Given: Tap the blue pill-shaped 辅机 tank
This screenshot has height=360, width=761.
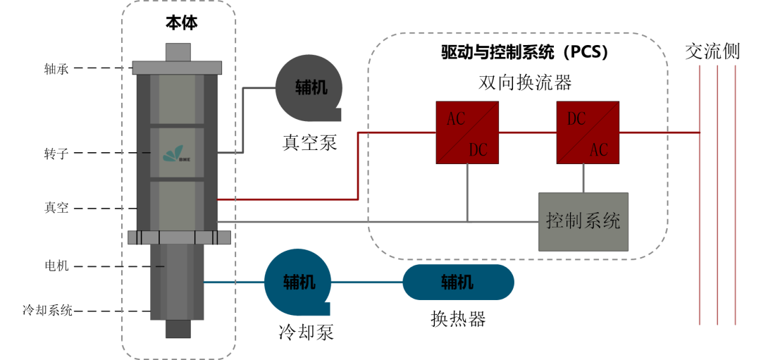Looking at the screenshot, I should point(458,283).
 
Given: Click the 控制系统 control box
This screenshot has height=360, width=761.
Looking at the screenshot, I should point(583,221).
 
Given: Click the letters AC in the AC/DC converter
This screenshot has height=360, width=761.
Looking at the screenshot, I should point(456,118).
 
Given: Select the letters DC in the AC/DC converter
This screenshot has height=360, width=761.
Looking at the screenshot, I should point(478,149).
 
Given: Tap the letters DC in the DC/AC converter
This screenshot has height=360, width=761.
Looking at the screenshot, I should point(576,118).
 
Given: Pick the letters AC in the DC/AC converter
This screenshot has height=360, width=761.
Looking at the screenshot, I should point(599,149).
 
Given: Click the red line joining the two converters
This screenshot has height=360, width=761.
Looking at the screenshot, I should point(527,132).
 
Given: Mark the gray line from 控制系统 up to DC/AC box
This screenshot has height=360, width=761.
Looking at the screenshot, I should point(583,178).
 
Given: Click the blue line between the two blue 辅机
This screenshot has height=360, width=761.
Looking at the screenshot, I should point(366,283).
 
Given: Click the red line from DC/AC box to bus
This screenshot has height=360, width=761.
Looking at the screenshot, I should point(659,132).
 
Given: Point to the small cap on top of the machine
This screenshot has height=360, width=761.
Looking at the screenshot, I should point(178,52).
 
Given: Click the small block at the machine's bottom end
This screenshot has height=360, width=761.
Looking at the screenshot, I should point(177,329).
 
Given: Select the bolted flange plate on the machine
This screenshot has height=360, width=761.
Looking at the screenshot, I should point(180,237).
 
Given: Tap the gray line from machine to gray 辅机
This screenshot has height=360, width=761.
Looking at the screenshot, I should point(243,120).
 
